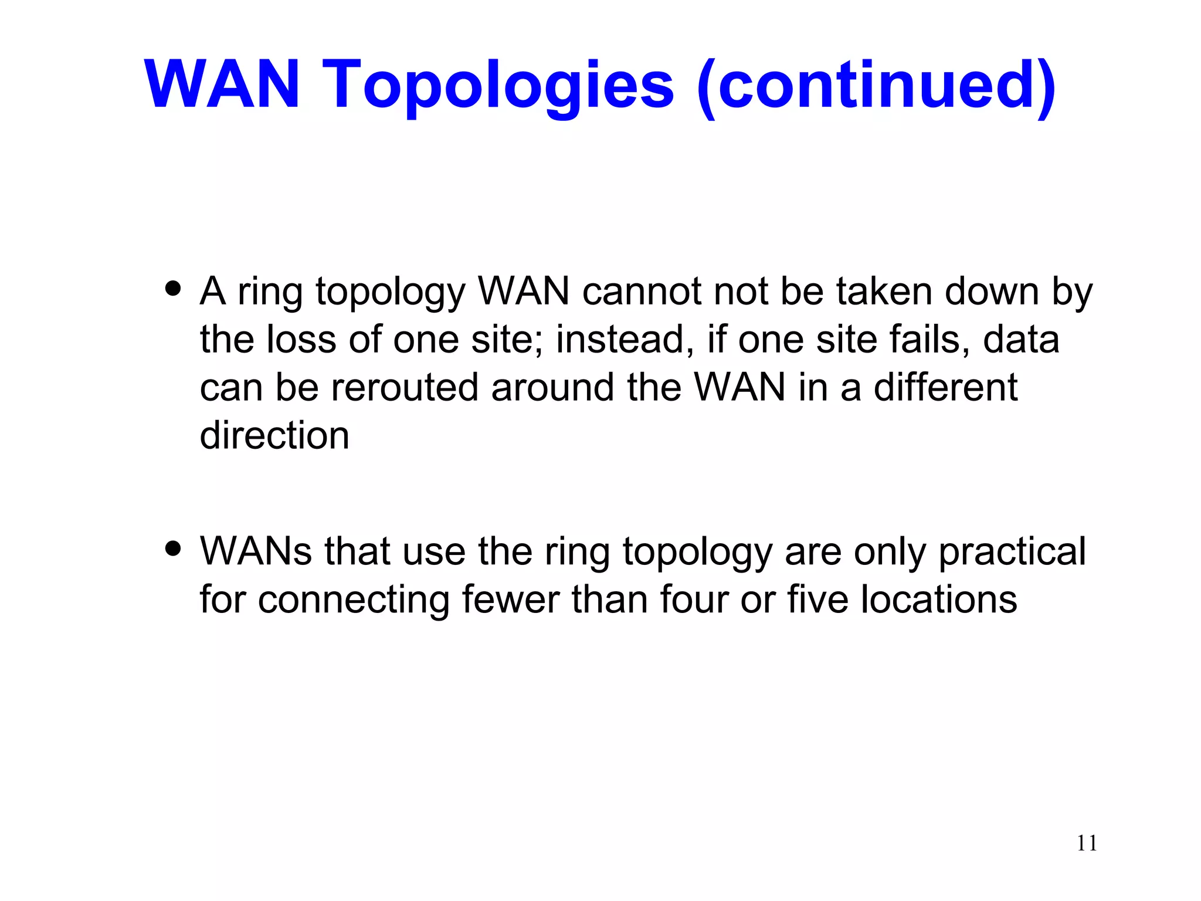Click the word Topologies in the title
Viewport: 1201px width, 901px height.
coord(498,85)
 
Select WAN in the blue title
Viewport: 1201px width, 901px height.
coord(222,85)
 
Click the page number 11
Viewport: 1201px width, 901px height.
coord(1087,843)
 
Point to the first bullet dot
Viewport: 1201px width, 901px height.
coord(173,289)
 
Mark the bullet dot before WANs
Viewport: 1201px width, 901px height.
coord(173,548)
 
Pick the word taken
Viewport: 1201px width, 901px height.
coord(884,291)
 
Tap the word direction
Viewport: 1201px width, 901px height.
coord(274,435)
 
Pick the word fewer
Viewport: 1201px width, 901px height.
coord(510,599)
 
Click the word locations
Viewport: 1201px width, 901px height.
coord(939,599)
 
